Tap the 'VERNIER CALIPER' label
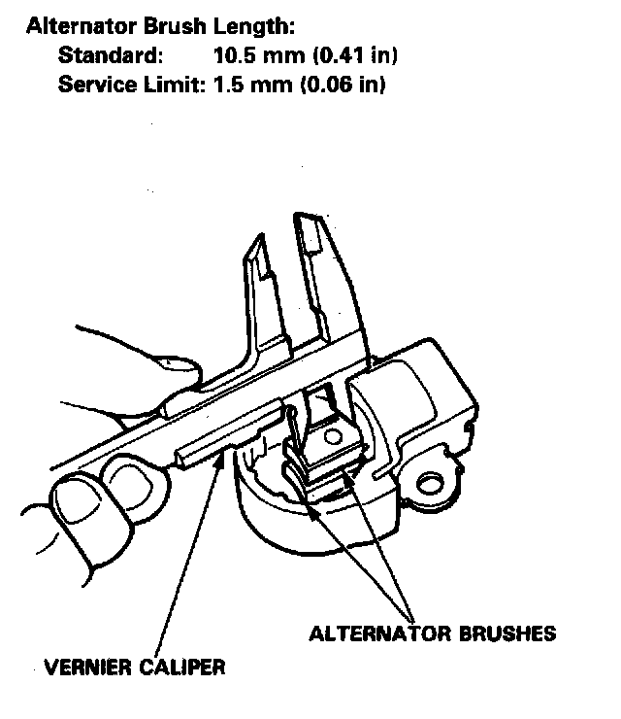click(x=135, y=668)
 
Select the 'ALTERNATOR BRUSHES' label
click(x=432, y=633)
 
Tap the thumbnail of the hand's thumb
click(x=82, y=500)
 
